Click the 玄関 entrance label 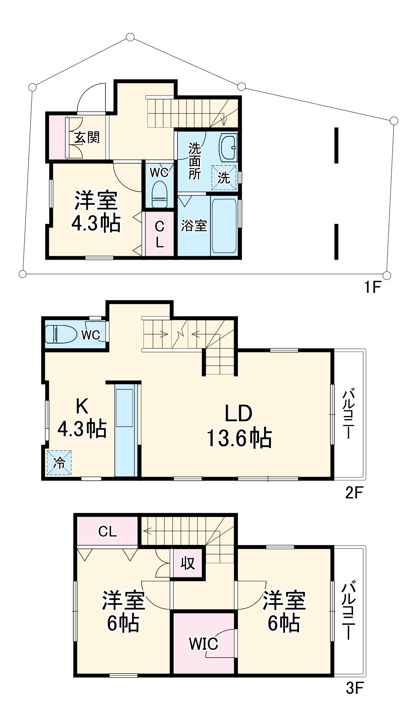tap(87, 137)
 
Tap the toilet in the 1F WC tap(160, 194)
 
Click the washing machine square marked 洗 tap(224, 178)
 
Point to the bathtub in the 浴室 tap(224, 226)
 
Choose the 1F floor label tap(372, 288)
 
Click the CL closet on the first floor tap(160, 234)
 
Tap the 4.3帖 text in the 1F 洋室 tap(96, 224)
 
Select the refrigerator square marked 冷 tap(59, 463)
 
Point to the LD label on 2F tap(238, 413)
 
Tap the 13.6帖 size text tap(239, 438)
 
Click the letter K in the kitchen tap(82, 406)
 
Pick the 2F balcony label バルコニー tap(349, 414)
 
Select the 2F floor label tap(354, 493)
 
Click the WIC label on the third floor tap(203, 644)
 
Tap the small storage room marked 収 tap(188, 563)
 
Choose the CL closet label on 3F tap(107, 532)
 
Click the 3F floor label tap(355, 688)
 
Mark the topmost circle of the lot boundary tap(131, 37)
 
